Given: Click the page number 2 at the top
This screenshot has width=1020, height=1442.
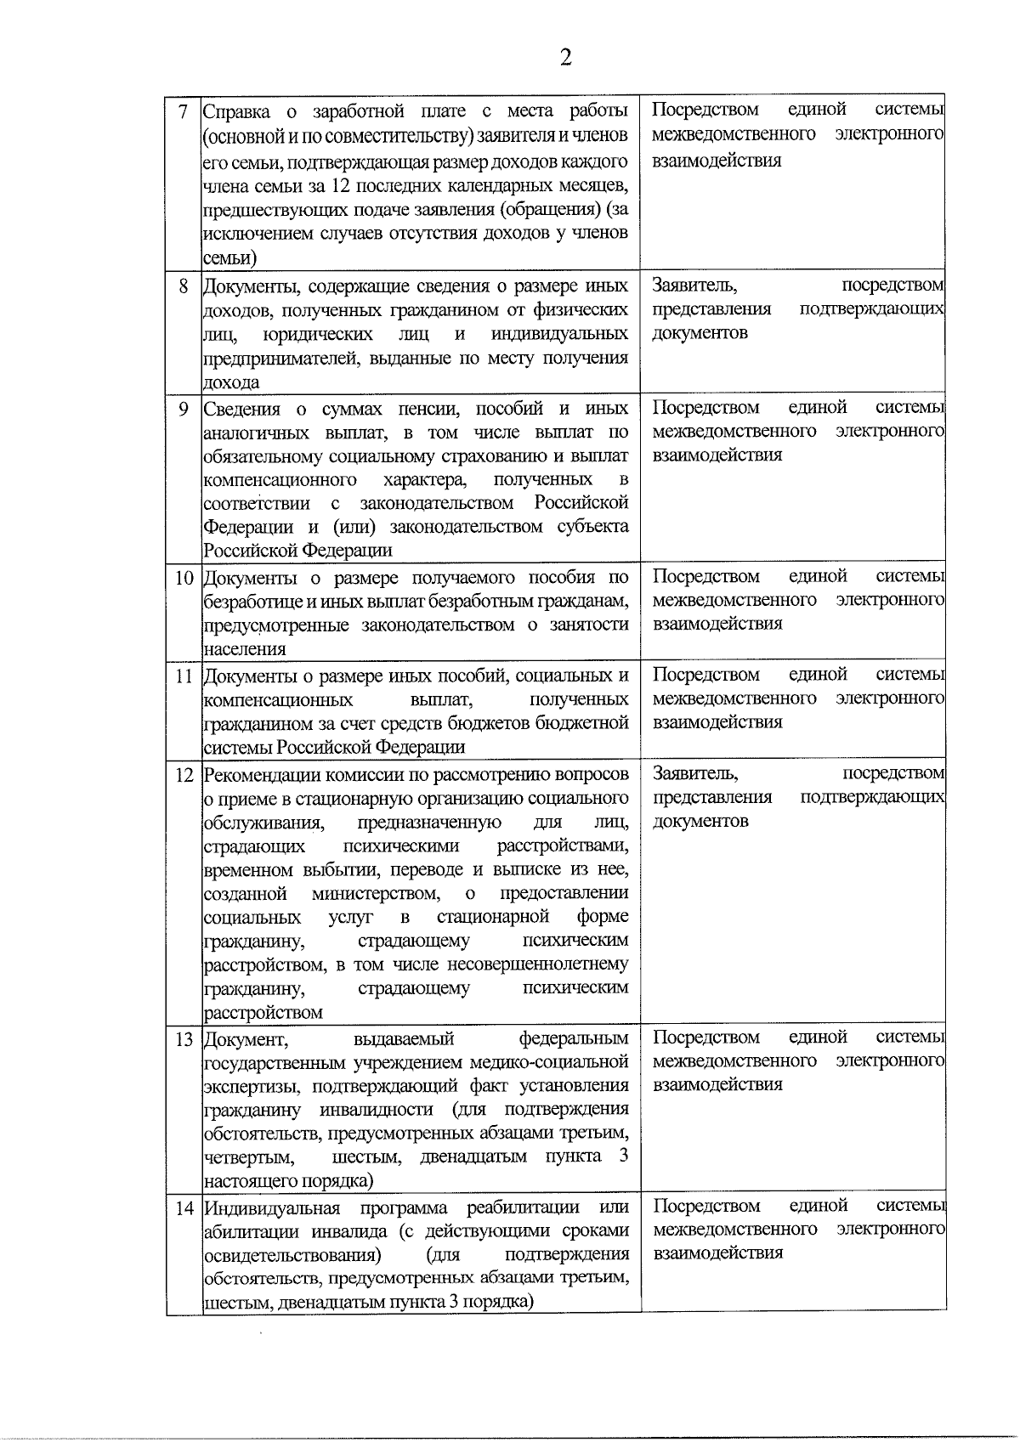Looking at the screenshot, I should (x=565, y=58).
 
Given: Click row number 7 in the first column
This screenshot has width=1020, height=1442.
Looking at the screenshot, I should (x=183, y=111).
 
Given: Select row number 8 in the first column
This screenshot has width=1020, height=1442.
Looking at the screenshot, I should (x=183, y=286).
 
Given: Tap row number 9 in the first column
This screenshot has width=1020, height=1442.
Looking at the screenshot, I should (x=183, y=409).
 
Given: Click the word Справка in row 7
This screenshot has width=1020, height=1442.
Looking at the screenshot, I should (x=237, y=111).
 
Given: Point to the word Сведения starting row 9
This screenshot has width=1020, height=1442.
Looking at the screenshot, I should (x=241, y=409).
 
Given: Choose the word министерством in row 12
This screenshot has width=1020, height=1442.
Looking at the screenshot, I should (x=375, y=893).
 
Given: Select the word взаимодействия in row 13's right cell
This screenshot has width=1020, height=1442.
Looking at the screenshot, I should (x=717, y=1085).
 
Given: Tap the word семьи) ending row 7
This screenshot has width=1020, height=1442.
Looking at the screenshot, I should (x=229, y=257).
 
